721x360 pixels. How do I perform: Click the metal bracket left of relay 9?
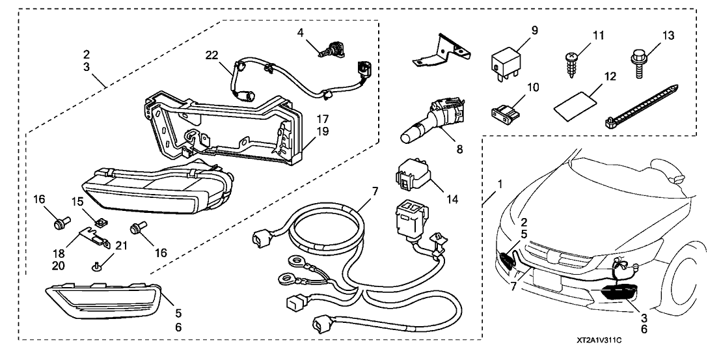pyautogui.click(x=440, y=51)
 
